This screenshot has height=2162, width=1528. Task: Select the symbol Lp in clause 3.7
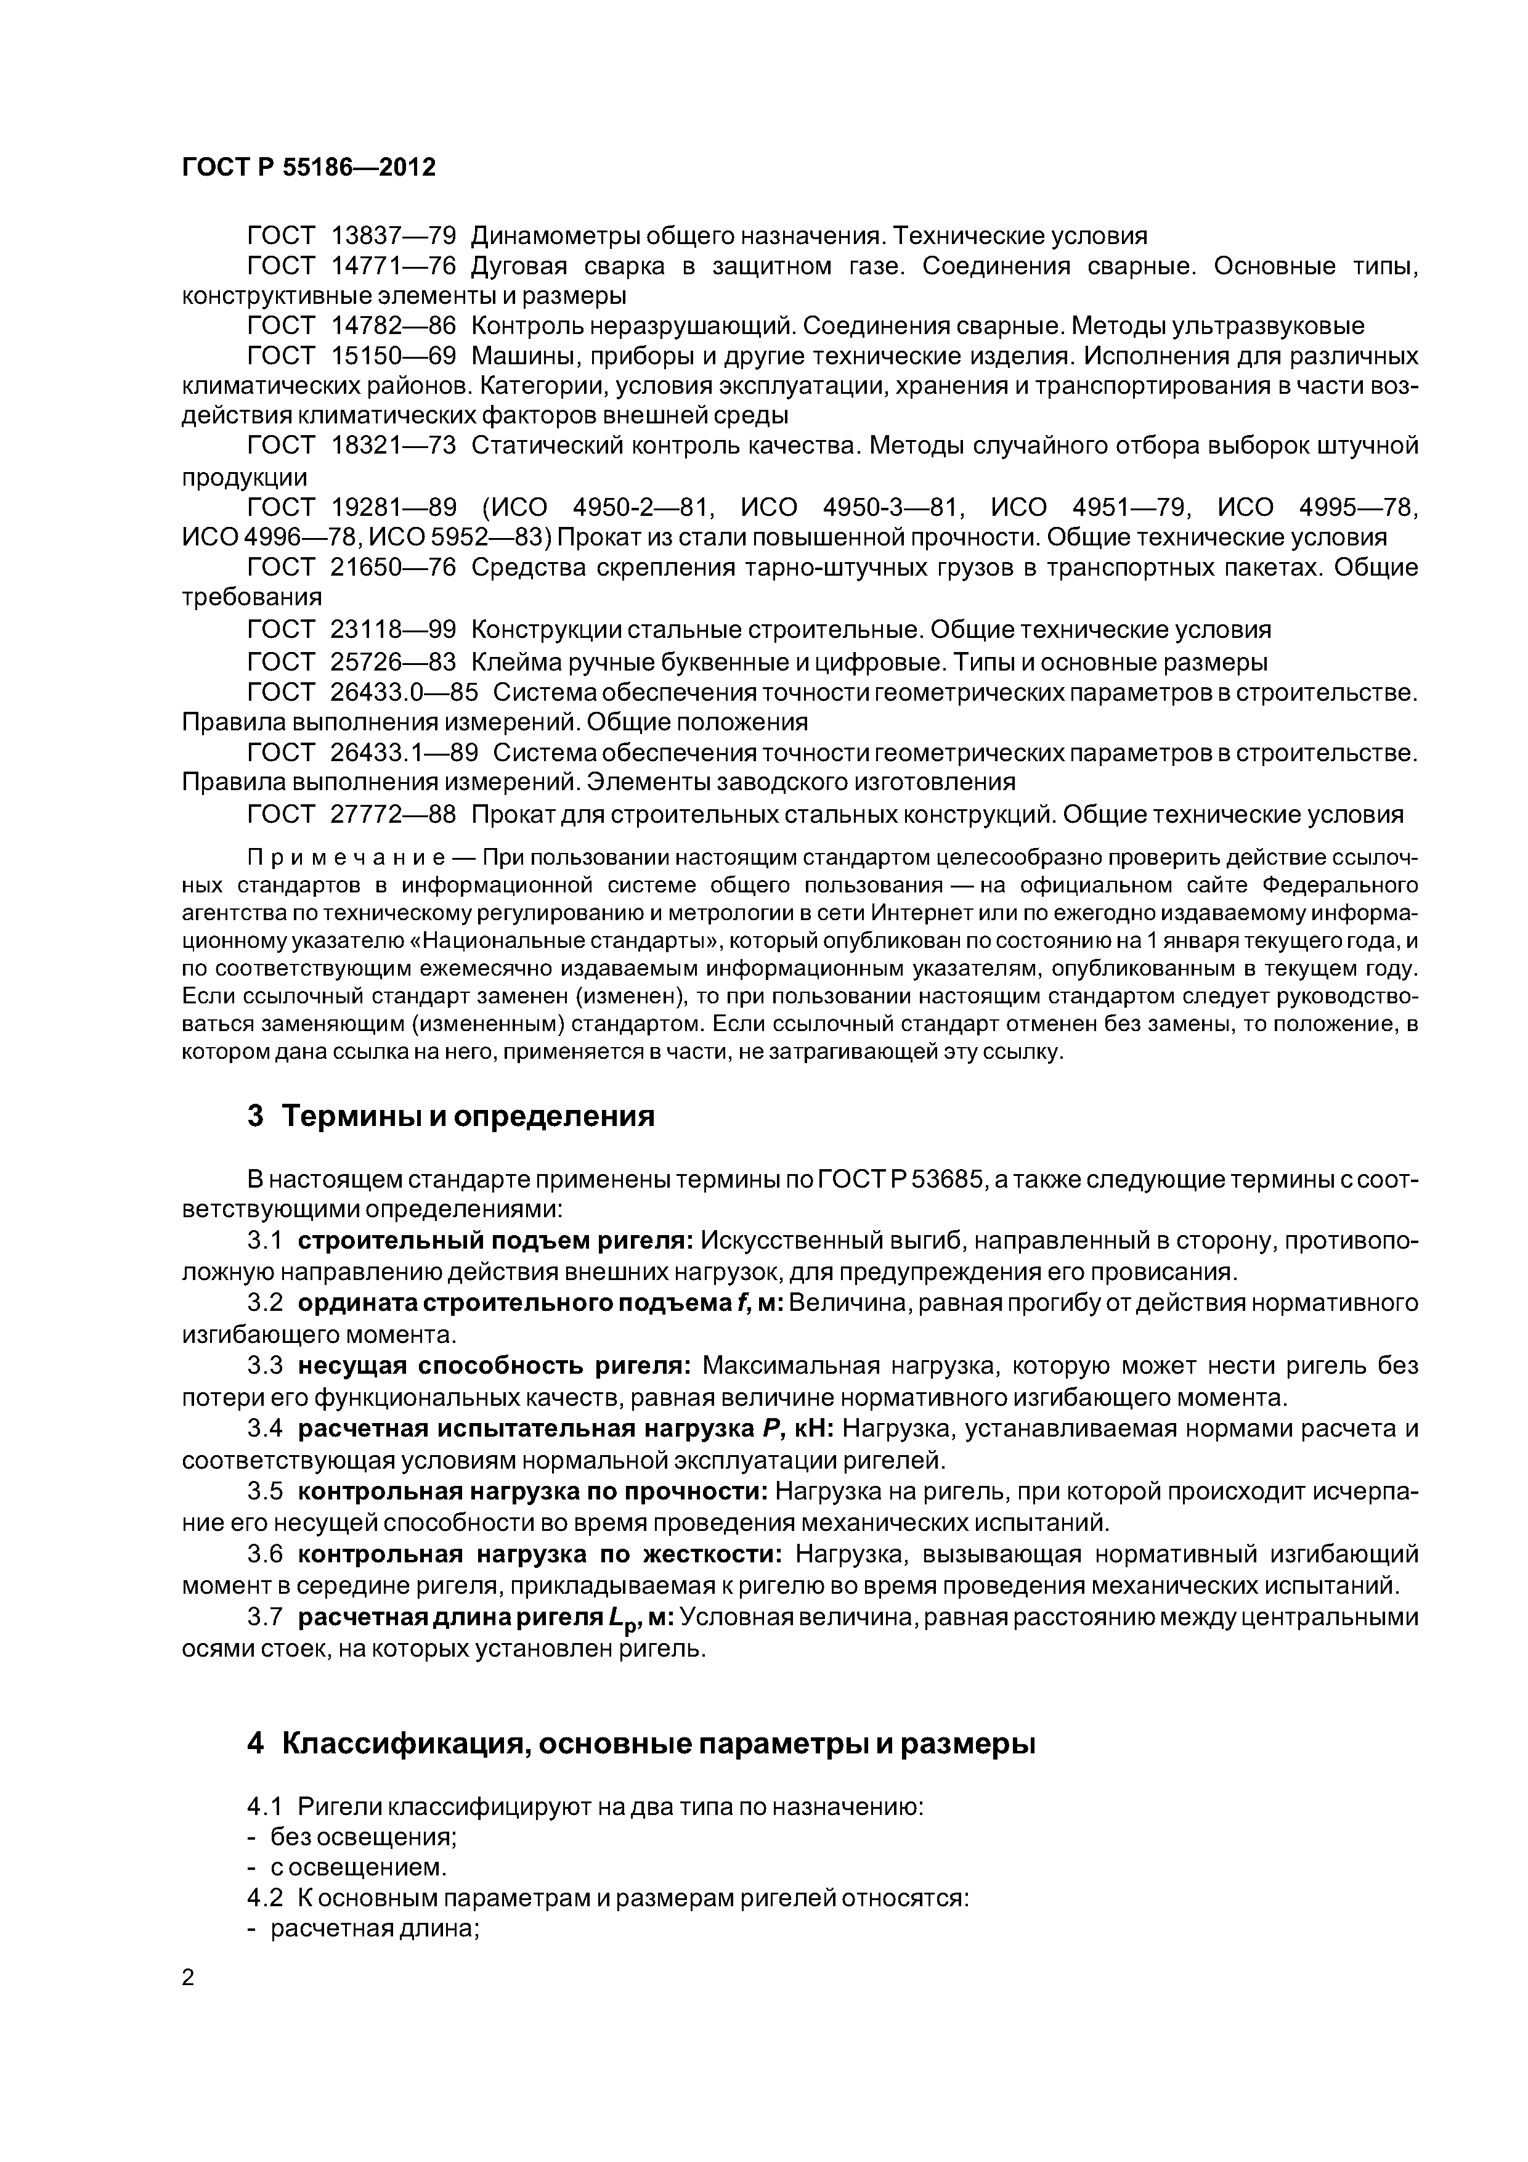[x=622, y=1618]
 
